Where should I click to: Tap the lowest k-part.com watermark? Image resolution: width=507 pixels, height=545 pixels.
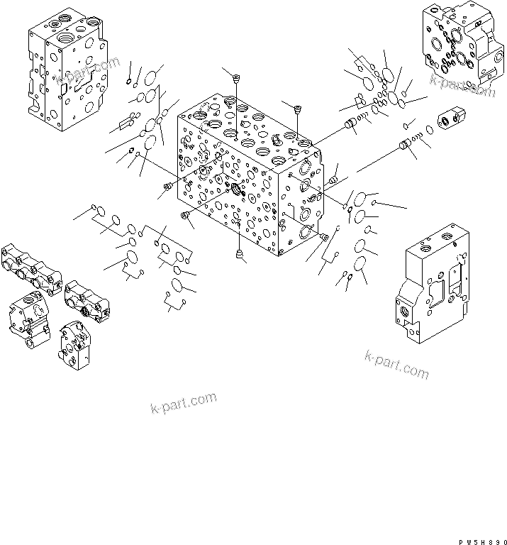183,402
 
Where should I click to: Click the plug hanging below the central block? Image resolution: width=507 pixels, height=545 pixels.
239,253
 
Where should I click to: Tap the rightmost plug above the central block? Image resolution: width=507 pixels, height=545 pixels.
298,109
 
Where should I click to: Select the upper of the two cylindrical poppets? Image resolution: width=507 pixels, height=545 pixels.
349,126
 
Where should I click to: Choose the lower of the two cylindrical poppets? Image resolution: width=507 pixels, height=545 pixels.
406,146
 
